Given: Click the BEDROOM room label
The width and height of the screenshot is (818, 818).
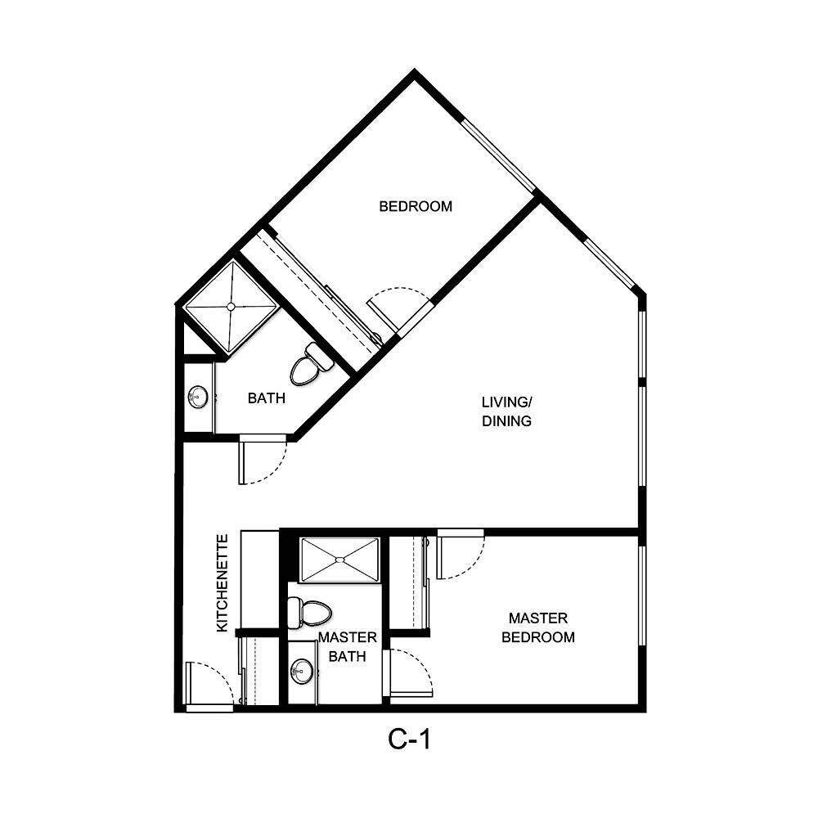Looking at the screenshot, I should pos(415,206).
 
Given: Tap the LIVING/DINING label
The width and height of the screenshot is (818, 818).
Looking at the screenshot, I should pos(506,411).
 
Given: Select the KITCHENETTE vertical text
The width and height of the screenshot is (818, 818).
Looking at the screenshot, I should pos(222,582).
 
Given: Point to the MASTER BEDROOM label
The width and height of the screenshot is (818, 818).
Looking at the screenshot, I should pos(537,627).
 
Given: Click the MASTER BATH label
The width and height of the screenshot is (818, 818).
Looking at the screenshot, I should pos(347,646).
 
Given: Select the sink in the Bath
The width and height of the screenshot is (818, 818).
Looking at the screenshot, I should pos(197,398).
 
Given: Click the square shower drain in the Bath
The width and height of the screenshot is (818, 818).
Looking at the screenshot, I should pos(231,307).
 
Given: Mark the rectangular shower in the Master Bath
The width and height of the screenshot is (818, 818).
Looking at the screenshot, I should pos(339,560).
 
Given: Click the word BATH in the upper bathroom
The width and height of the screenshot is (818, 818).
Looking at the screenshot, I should pos(267,398).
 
